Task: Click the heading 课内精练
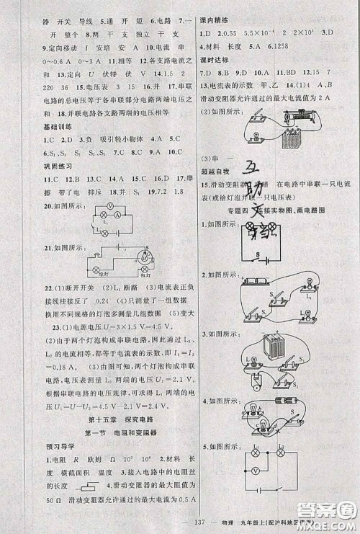pos(215,19)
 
